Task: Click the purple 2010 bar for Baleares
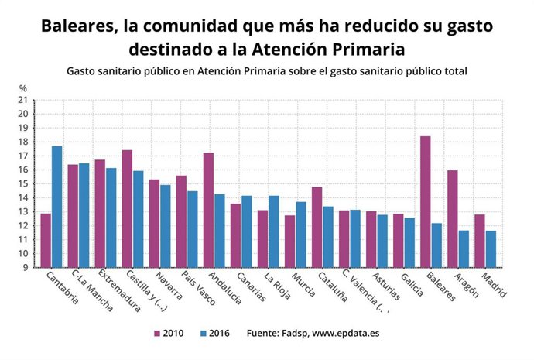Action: pyautogui.click(x=425, y=201)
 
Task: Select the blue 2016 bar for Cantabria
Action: pyautogui.click(x=57, y=207)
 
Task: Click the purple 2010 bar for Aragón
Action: pyautogui.click(x=452, y=218)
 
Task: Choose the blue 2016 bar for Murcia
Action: pyautogui.click(x=301, y=235)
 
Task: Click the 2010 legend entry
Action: pyautogui.click(x=171, y=334)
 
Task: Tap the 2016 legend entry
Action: pyautogui.click(x=217, y=334)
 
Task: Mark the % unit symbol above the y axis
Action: pyautogui.click(x=22, y=88)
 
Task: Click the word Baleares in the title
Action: pyautogui.click(x=76, y=26)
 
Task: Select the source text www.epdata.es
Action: pyautogui.click(x=345, y=334)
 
